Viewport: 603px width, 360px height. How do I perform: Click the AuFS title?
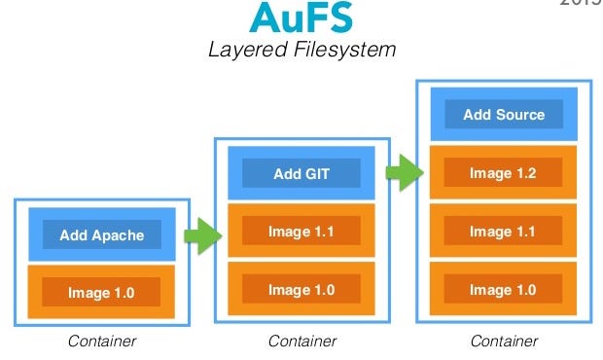pos(301,17)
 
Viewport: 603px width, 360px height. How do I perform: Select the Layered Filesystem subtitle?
pos(301,49)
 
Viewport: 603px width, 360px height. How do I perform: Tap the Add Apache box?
pos(102,234)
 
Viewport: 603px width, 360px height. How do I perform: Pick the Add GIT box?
pos(301,174)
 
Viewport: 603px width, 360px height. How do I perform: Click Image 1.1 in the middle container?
pos(301,232)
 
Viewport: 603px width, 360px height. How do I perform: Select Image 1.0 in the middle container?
pos(301,289)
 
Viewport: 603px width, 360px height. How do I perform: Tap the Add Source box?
pos(504,115)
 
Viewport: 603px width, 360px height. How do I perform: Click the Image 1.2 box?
pos(504,173)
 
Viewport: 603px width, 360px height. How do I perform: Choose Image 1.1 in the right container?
pos(504,232)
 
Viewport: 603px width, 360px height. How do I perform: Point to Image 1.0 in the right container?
pos(504,289)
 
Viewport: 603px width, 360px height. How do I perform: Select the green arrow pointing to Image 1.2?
pos(402,173)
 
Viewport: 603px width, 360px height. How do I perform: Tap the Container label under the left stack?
pos(102,341)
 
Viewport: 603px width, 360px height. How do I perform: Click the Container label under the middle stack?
pos(302,341)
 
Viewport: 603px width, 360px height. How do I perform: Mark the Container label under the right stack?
pos(504,341)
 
